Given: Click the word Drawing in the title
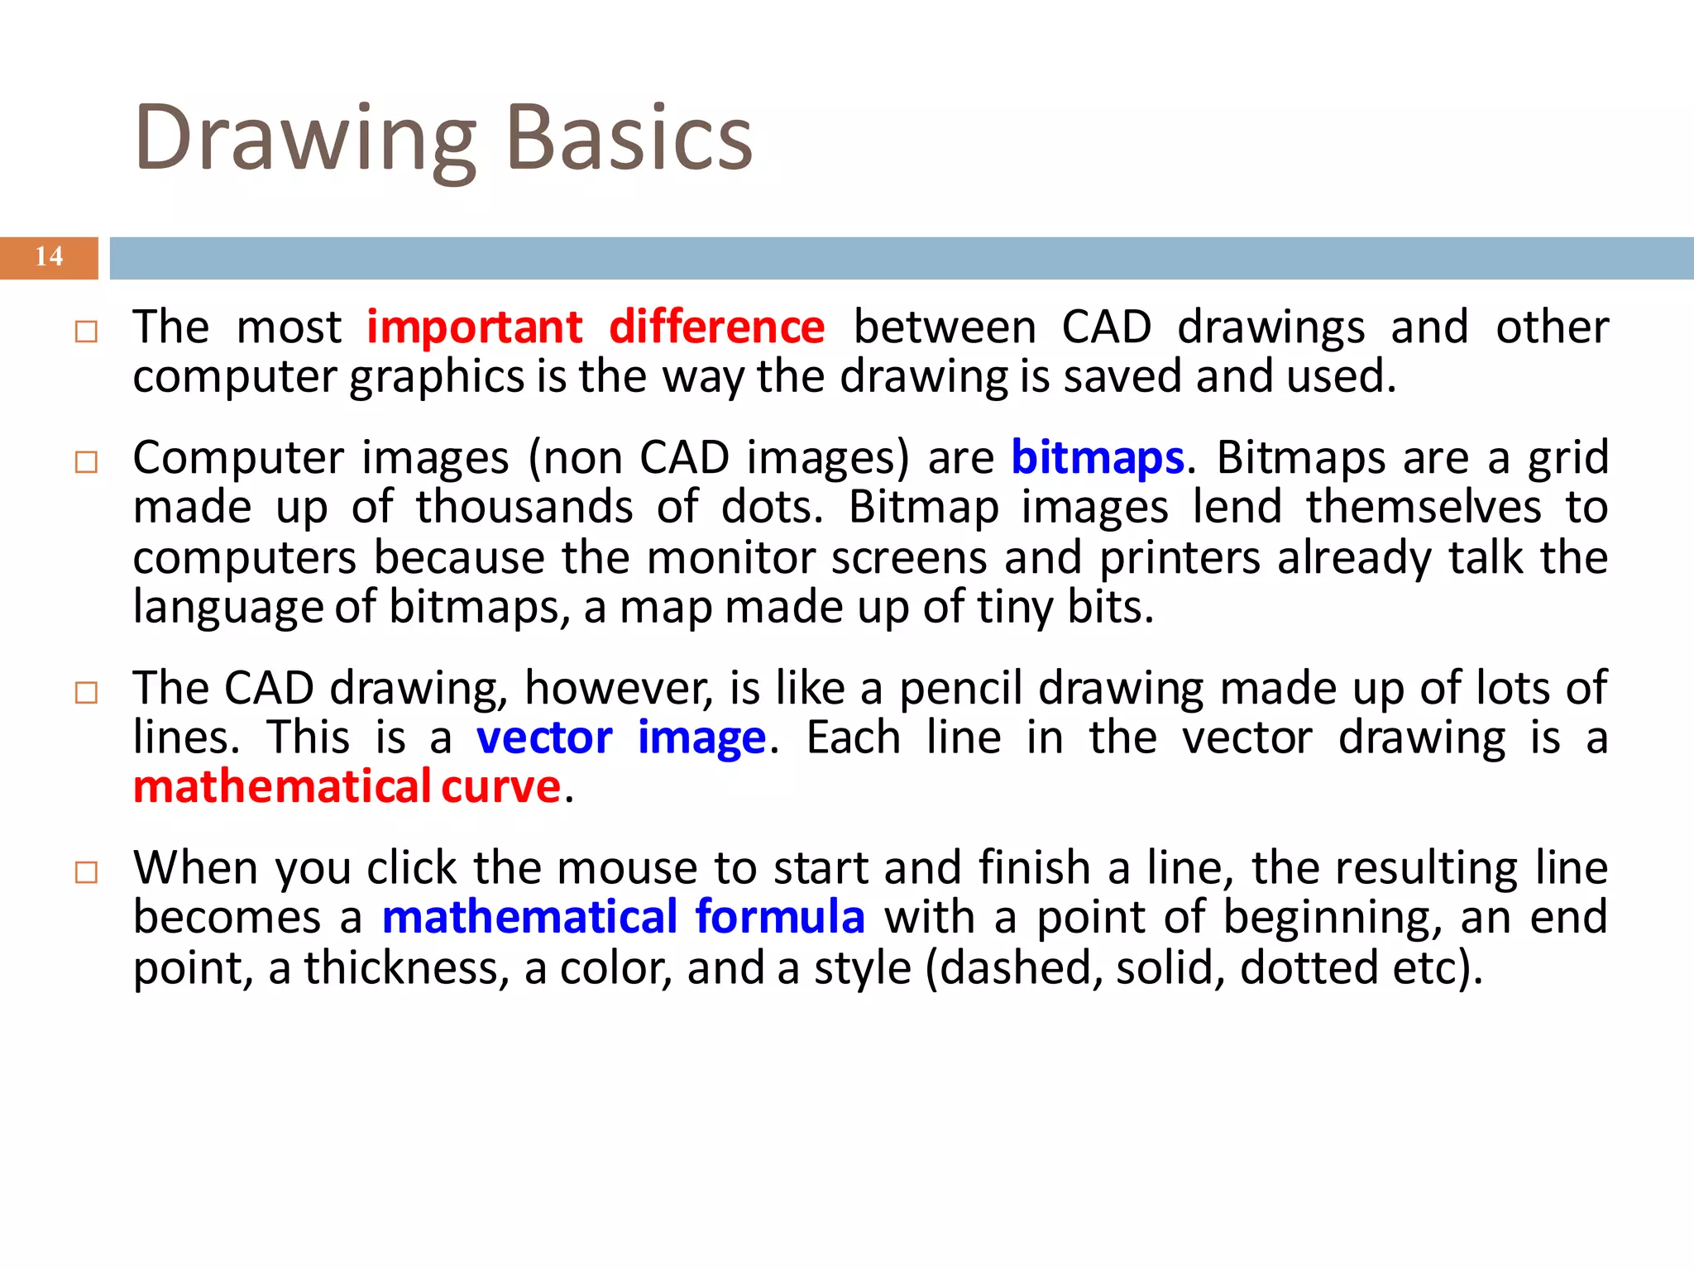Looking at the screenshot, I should [x=304, y=139].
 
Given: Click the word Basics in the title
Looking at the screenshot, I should [x=629, y=139].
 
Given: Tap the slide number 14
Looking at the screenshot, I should [x=49, y=257].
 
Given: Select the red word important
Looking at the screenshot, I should [x=475, y=327].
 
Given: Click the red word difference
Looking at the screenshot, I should [x=716, y=327].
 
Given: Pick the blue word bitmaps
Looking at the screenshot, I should [x=1098, y=459].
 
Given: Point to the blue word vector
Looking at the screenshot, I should [x=544, y=738].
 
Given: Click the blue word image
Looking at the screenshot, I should [x=701, y=738].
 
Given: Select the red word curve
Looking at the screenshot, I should [x=501, y=786].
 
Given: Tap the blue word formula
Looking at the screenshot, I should [x=780, y=917].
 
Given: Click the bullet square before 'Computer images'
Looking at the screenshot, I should [x=86, y=461].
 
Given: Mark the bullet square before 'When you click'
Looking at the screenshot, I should [x=86, y=872].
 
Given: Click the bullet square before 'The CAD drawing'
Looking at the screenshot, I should [x=86, y=692].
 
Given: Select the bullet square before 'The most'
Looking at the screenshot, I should [x=86, y=332].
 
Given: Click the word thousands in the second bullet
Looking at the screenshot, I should [x=524, y=507].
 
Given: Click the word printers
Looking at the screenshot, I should [x=1180, y=558].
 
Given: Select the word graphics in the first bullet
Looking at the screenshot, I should [x=437, y=378].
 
